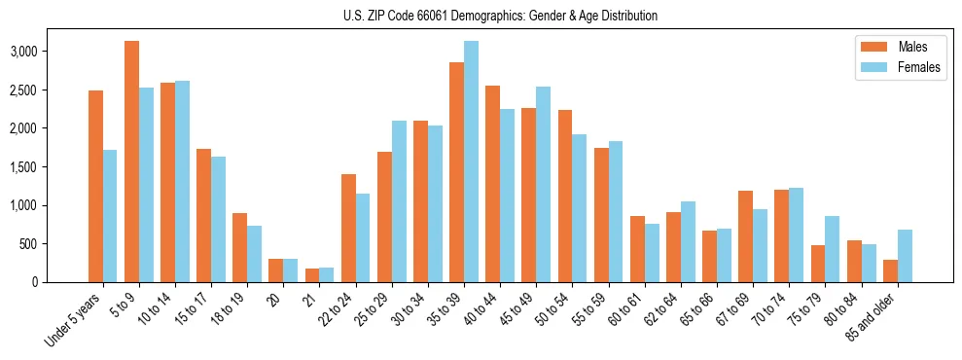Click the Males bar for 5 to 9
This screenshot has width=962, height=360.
pos(132,162)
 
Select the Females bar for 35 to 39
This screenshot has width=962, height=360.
pos(471,162)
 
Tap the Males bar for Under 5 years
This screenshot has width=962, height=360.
pos(95,186)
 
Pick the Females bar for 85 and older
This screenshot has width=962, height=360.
pos(905,256)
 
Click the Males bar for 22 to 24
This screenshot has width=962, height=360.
pos(348,228)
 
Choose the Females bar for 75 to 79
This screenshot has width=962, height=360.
pos(832,249)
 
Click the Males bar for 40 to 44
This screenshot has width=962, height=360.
pos(492,184)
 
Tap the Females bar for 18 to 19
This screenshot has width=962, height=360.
pos(254,254)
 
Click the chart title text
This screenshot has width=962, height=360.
pos(500,16)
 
